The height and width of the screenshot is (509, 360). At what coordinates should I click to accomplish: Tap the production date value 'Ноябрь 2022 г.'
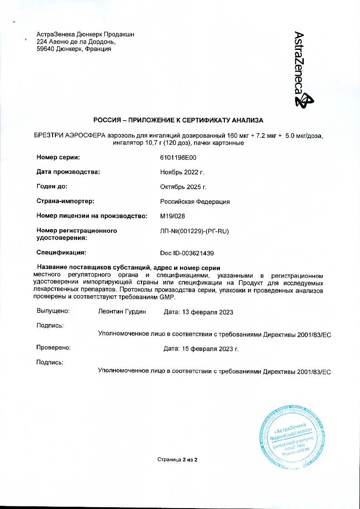(x=182, y=172)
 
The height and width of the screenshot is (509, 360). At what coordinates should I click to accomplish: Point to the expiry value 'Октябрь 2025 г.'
(x=183, y=187)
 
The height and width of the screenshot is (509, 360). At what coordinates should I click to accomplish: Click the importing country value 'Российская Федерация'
(x=195, y=201)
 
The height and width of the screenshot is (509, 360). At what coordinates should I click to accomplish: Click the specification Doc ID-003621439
(x=187, y=253)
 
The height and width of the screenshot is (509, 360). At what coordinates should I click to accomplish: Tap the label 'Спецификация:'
(x=61, y=252)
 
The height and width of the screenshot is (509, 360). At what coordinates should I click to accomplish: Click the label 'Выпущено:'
(x=53, y=311)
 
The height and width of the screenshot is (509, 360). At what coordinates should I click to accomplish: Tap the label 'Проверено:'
(x=54, y=348)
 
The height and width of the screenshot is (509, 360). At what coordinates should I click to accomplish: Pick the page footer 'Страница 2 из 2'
(x=177, y=460)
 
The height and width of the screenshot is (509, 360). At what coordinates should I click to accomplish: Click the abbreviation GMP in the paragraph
(x=166, y=297)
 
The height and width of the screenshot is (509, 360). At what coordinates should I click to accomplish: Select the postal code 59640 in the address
(x=45, y=49)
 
